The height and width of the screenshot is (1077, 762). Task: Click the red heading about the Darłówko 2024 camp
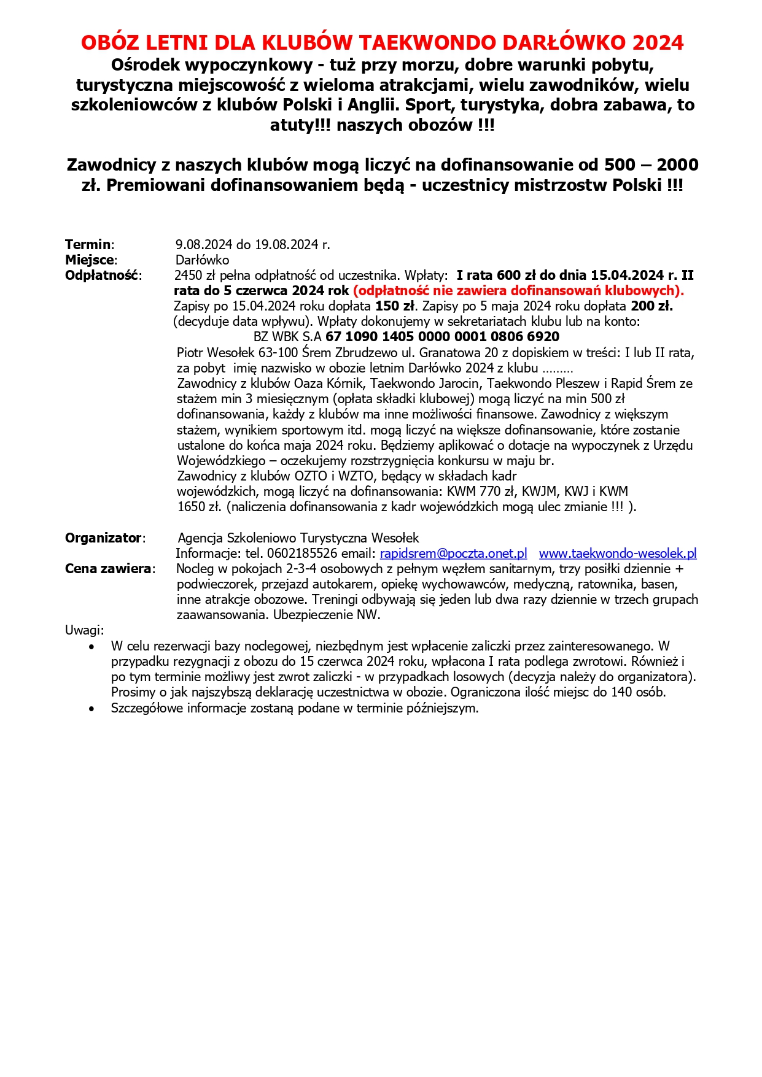tap(382, 42)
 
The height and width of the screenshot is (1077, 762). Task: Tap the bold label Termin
tap(88, 245)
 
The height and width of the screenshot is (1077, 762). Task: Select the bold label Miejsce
tap(90, 260)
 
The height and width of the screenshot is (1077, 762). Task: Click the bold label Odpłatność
tap(102, 276)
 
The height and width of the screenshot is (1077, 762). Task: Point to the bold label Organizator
tap(104, 538)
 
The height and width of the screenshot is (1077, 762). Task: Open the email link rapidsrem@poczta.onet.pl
tap(453, 554)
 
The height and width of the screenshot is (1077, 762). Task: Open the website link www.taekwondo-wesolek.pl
tap(617, 554)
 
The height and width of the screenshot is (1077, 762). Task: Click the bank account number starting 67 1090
tap(442, 337)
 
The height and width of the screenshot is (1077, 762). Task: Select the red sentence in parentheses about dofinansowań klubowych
tap(518, 291)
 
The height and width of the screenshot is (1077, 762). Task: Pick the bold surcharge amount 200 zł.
tap(651, 306)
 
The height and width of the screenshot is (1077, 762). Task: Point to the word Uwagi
tap(84, 630)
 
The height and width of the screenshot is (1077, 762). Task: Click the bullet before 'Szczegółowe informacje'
tap(92, 709)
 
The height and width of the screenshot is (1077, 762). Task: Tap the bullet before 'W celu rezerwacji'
tap(92, 647)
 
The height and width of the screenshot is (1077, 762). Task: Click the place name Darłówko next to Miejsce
tap(203, 260)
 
